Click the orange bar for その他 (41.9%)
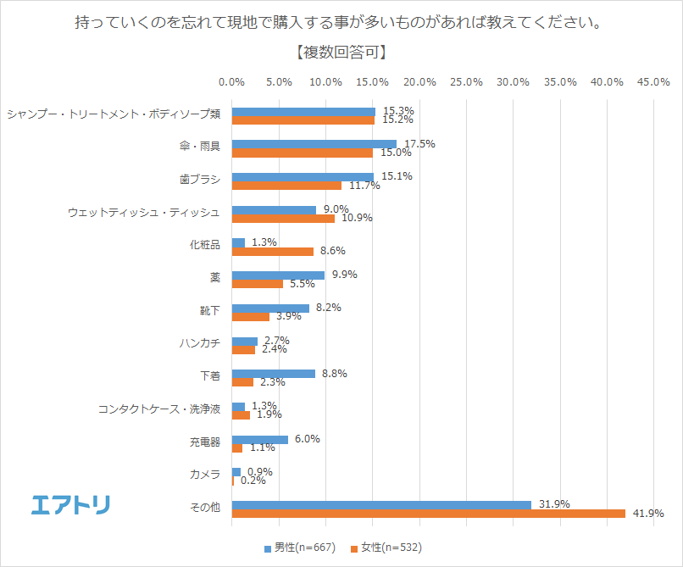click(x=428, y=513)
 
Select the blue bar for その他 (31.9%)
click(x=381, y=504)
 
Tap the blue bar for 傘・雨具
click(x=314, y=144)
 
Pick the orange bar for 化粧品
click(x=272, y=251)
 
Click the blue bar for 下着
click(x=273, y=373)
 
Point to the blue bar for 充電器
click(x=259, y=439)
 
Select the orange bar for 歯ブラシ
click(x=286, y=185)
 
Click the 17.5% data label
click(x=419, y=144)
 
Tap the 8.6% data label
click(x=331, y=251)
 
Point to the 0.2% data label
click(x=253, y=481)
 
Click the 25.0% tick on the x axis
click(x=467, y=82)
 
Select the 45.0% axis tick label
click(x=654, y=82)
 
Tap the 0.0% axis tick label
click(x=231, y=82)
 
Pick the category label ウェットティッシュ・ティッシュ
click(x=144, y=213)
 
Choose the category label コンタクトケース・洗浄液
click(x=159, y=409)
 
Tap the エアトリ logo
click(x=70, y=504)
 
